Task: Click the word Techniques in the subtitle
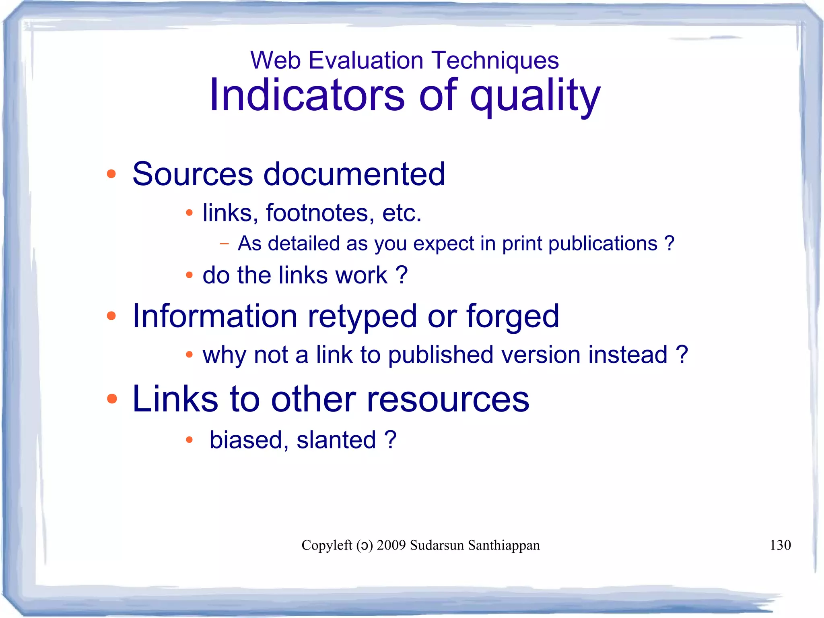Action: point(496,61)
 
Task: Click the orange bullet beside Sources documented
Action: point(111,174)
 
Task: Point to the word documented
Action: point(354,174)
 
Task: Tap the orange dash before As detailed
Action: point(225,243)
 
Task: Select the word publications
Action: point(603,244)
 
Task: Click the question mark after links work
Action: point(402,275)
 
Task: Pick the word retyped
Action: point(362,316)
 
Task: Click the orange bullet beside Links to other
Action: point(111,399)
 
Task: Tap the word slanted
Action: point(336,440)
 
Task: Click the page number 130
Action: point(780,545)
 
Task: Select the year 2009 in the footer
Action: point(391,545)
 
